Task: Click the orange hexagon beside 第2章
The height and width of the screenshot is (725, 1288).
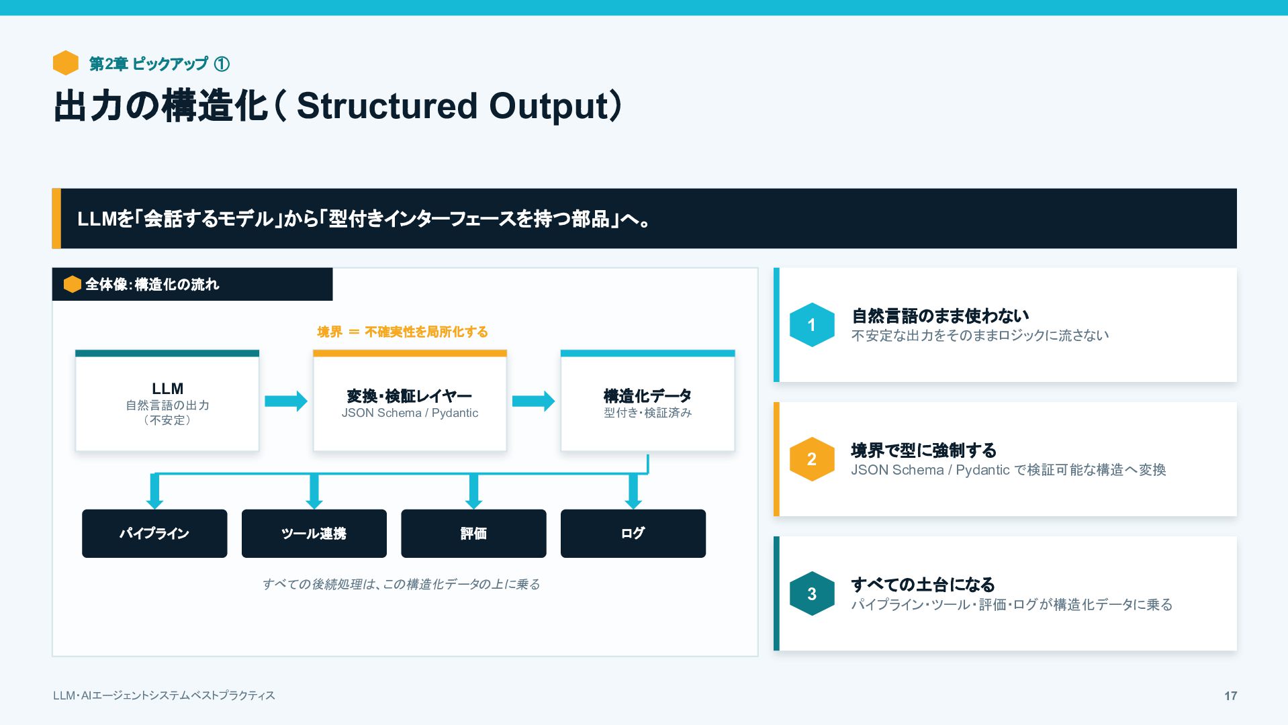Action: point(66,63)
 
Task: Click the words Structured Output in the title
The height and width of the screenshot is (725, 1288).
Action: point(453,106)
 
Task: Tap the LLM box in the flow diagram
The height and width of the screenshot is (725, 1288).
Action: point(167,401)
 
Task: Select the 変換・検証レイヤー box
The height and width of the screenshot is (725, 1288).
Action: point(410,401)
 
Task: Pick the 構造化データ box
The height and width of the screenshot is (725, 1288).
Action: point(647,401)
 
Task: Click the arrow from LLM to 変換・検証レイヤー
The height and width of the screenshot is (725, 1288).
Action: point(286,401)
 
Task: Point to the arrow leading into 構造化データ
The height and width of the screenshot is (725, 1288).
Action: point(534,401)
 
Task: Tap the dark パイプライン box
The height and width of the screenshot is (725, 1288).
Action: point(154,534)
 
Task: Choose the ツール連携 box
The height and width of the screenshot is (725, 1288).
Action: point(314,534)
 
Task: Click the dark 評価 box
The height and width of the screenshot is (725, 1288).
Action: point(473,534)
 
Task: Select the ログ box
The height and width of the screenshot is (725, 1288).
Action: point(633,534)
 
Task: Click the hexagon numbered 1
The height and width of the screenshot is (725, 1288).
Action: point(812,325)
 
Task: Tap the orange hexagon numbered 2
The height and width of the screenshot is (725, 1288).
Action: point(812,459)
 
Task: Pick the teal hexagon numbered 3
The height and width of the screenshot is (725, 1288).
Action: point(812,593)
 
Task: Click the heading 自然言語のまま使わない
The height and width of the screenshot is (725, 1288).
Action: point(940,316)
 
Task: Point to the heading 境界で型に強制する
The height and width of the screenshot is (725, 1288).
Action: point(924,450)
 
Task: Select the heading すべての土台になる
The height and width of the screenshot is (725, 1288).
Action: point(923,584)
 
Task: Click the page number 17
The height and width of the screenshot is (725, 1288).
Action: point(1230,696)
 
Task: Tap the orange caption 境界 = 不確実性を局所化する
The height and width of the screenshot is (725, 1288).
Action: point(403,332)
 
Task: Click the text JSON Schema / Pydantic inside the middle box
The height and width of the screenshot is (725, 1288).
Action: point(410,413)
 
